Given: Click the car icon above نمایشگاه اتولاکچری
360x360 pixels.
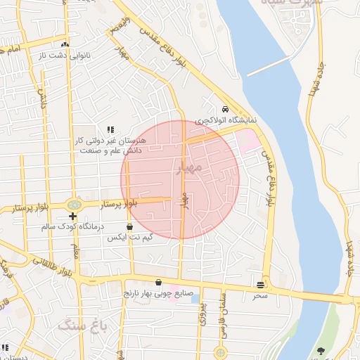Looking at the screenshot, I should click(x=224, y=110).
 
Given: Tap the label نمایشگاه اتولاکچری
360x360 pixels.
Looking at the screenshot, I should click(x=226, y=120).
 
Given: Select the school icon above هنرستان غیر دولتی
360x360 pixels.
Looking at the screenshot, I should click(x=110, y=130).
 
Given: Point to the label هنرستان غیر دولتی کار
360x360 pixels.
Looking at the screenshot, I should click(x=110, y=141).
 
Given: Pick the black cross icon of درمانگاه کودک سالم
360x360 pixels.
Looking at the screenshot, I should click(x=72, y=216).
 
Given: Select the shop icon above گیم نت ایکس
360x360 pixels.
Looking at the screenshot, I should click(x=129, y=227).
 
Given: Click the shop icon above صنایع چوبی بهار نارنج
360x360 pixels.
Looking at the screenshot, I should click(x=158, y=282).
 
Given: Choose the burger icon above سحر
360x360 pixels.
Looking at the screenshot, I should click(x=261, y=285).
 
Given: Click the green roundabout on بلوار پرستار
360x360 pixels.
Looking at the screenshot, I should click(x=74, y=205).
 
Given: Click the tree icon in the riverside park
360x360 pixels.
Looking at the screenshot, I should click(x=321, y=351).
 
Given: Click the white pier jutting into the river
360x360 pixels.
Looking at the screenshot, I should click(x=272, y=66).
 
